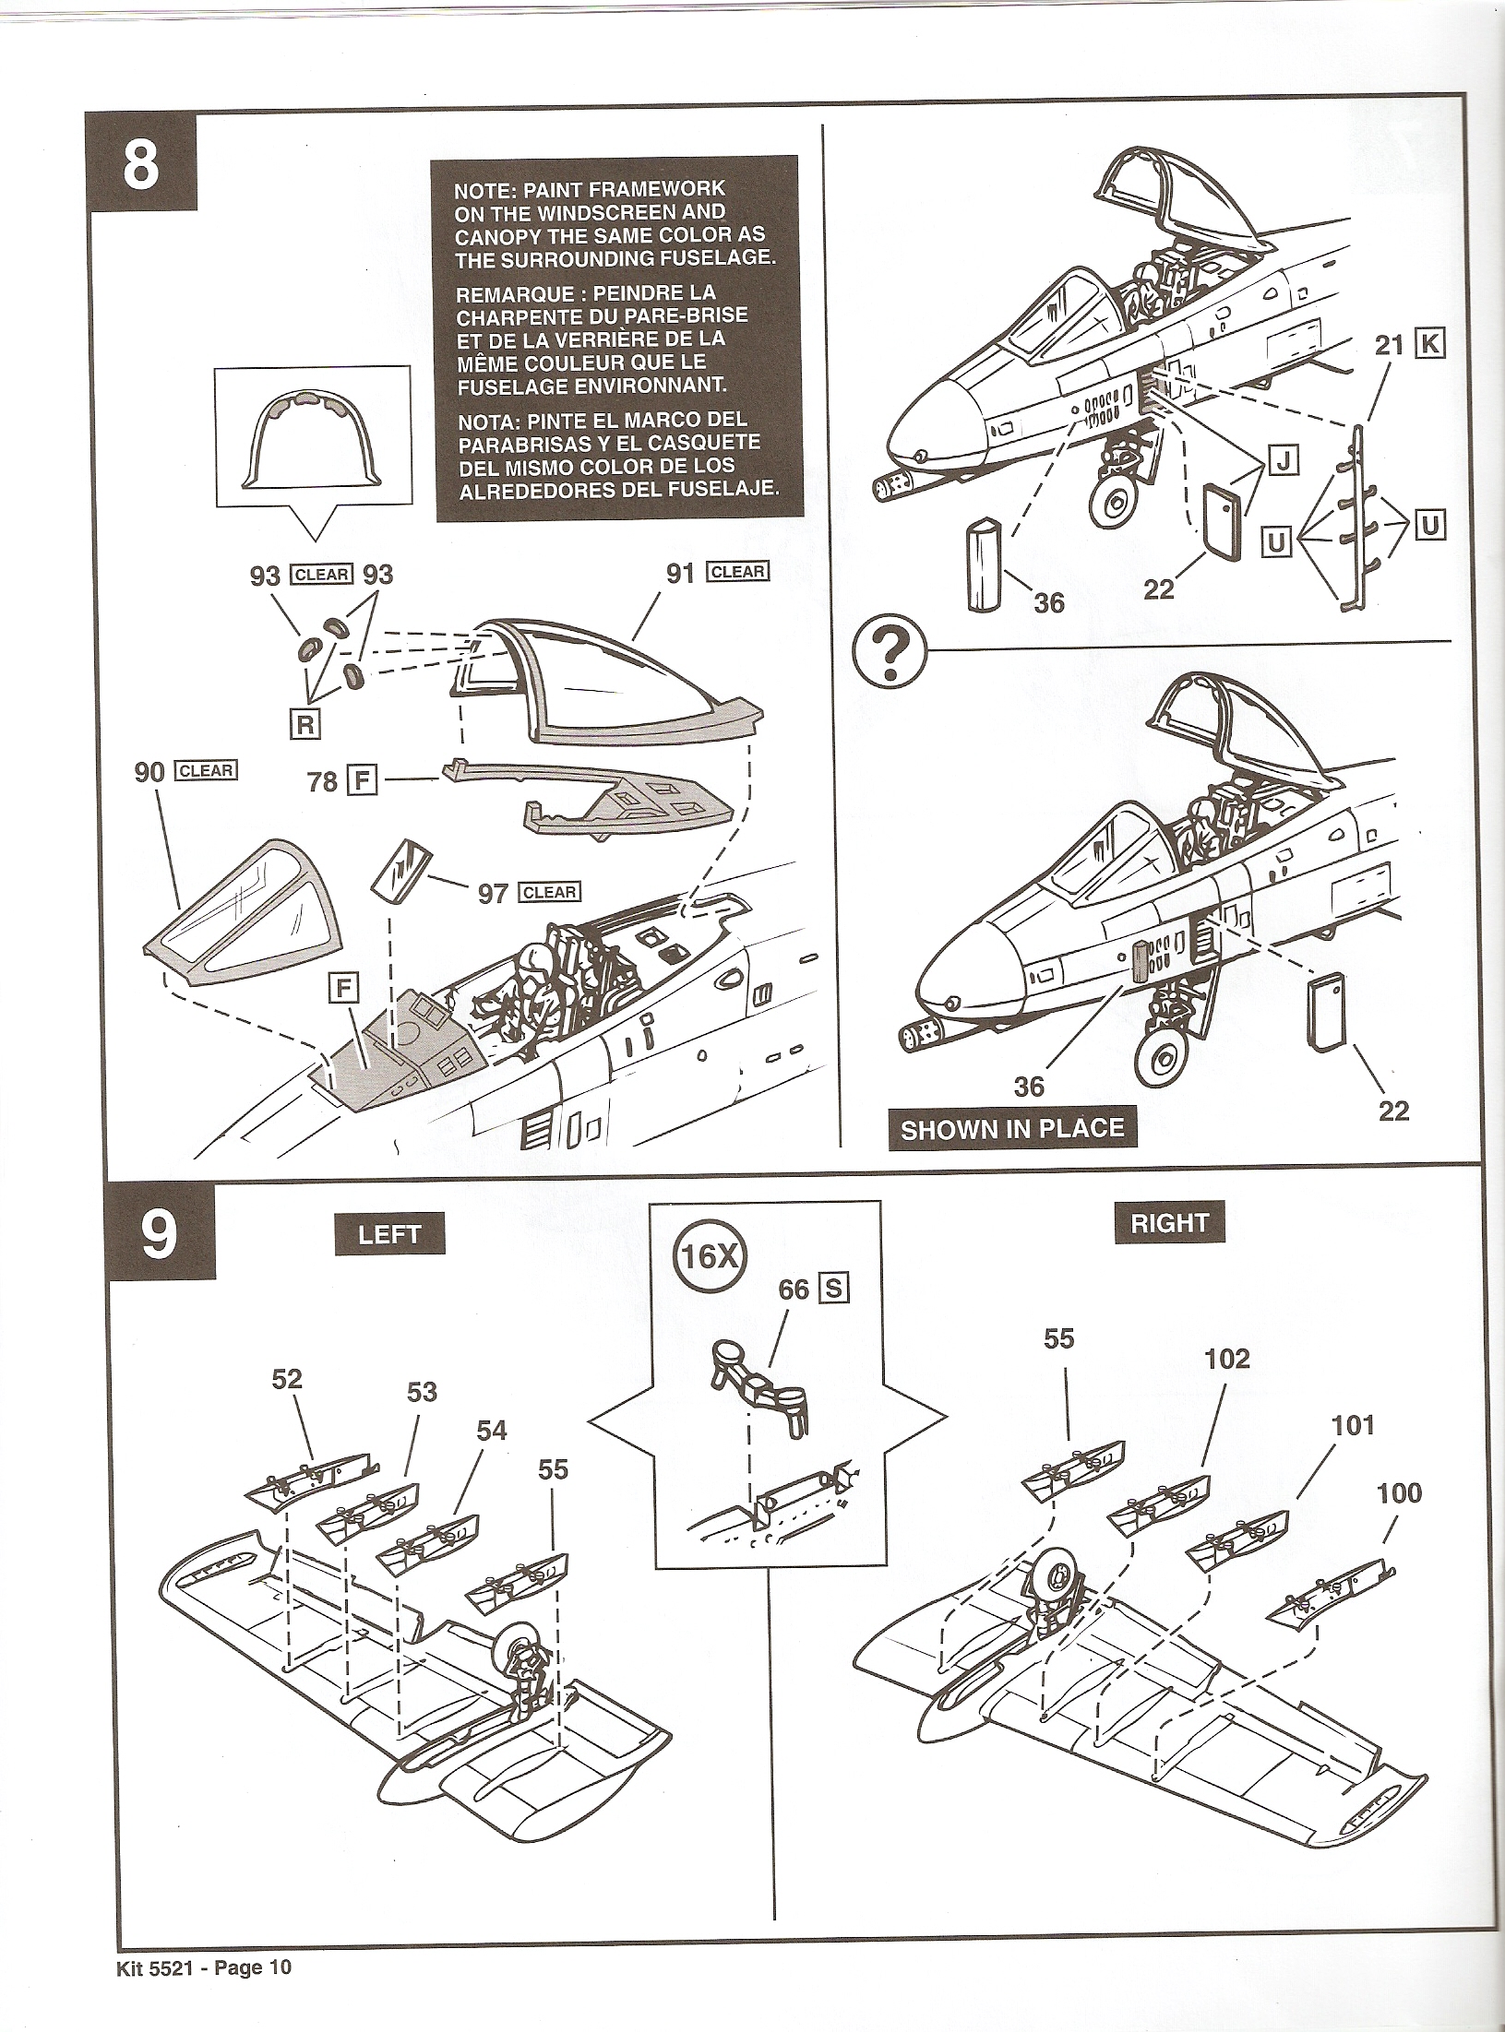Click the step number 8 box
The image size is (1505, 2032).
(x=140, y=168)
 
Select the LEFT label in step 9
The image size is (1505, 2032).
(x=388, y=1234)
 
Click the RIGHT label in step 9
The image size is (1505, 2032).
(x=1169, y=1223)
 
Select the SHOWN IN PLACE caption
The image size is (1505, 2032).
(x=1012, y=1129)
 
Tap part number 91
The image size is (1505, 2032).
(x=679, y=573)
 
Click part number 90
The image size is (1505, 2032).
(x=149, y=772)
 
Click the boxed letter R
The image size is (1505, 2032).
(x=305, y=725)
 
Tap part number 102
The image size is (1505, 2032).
(x=1227, y=1358)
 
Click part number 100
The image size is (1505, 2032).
(x=1399, y=1492)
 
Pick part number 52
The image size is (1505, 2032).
(x=287, y=1378)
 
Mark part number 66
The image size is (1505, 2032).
(x=793, y=1289)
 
